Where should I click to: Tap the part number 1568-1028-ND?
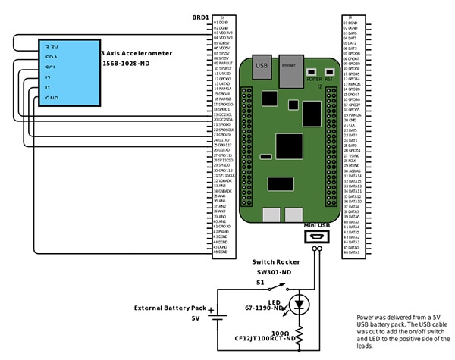(136, 64)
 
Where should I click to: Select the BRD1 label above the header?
(202, 16)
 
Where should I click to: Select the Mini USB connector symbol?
(318, 238)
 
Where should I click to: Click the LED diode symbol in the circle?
(300, 305)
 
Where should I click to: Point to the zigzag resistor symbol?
(300, 333)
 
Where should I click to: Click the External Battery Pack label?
(171, 308)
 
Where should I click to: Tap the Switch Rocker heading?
(275, 261)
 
